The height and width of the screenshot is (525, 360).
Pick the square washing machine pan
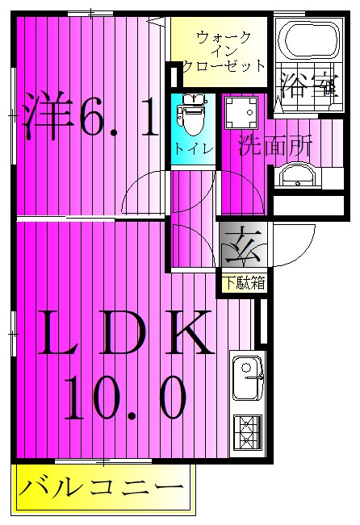(x=240, y=113)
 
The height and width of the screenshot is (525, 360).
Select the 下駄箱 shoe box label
(x=244, y=282)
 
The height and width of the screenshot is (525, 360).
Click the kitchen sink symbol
(x=247, y=377)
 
